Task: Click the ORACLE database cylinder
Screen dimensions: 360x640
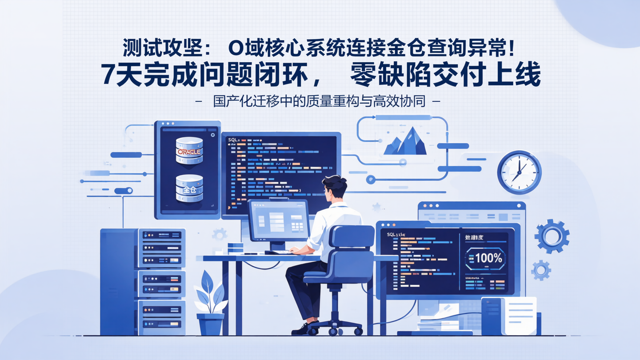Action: (189, 151)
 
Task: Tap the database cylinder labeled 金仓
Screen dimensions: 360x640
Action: (189, 188)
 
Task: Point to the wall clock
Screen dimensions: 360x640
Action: (519, 172)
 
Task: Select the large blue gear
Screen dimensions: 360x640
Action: (552, 236)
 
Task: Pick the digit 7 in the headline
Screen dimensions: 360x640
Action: (109, 75)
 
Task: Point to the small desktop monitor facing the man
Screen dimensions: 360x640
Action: (279, 220)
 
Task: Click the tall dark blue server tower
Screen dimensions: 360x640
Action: (119, 281)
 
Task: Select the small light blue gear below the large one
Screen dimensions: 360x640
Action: (541, 270)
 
